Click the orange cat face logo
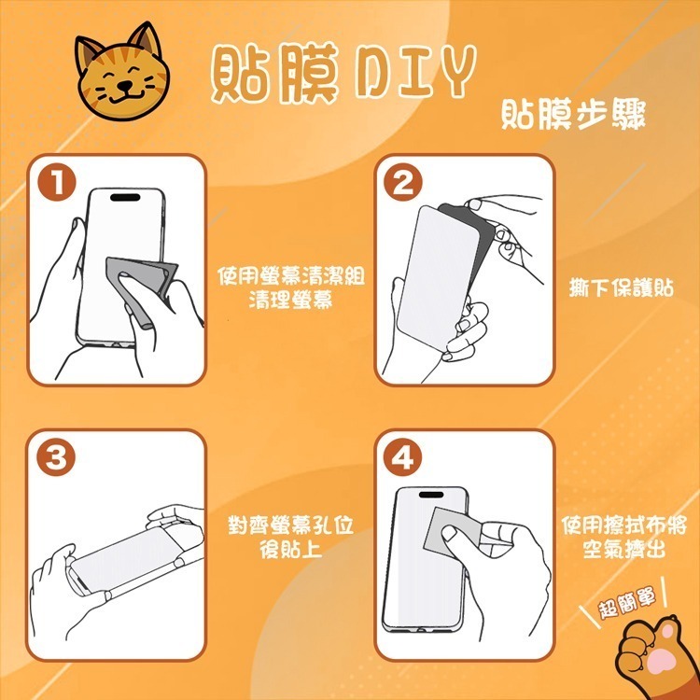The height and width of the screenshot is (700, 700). point(120,76)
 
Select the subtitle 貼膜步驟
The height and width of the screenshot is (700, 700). point(571,117)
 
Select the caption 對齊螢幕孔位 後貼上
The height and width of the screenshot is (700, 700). point(291,537)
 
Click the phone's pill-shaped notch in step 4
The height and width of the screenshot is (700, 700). point(430,493)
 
